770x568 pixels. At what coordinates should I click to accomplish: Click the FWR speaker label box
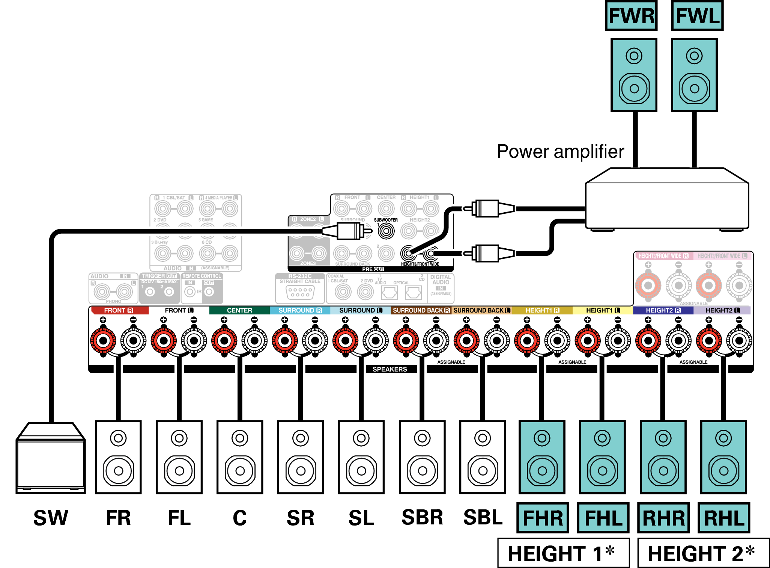point(631,16)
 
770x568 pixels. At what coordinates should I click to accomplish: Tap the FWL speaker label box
point(697,16)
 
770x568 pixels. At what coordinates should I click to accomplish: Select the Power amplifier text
point(560,152)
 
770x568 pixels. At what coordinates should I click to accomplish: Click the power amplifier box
point(667,199)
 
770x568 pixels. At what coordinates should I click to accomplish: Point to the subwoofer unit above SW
point(51,458)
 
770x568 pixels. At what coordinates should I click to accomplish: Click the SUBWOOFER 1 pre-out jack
point(386,231)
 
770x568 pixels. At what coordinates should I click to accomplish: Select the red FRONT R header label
point(119,310)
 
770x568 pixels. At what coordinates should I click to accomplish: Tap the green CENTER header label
point(239,310)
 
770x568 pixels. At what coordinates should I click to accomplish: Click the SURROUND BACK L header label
point(482,310)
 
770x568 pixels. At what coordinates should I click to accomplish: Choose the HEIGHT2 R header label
point(663,310)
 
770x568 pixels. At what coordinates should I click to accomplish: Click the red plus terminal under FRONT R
point(103,341)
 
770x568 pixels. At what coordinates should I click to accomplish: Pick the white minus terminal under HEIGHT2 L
point(739,341)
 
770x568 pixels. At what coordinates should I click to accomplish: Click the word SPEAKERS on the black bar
point(390,369)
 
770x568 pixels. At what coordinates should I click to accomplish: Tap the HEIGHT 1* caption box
point(563,553)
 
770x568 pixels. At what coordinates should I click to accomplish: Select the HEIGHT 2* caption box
point(703,553)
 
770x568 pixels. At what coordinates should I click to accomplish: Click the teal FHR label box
point(543,518)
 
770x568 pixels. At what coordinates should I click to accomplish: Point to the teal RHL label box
point(724,518)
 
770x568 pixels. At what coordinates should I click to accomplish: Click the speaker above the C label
point(240,457)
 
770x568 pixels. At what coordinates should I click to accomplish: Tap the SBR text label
point(422,517)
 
